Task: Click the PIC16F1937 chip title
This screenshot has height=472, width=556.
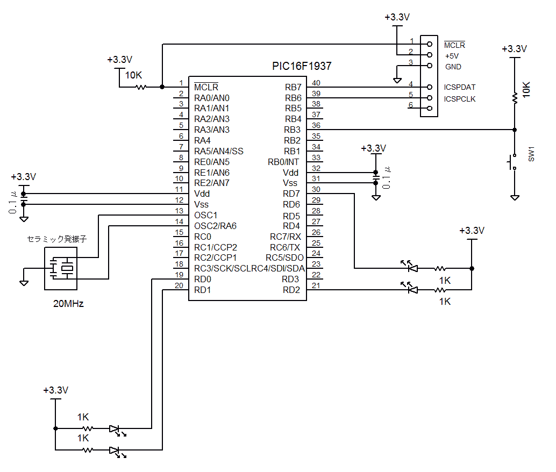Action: pyautogui.click(x=301, y=67)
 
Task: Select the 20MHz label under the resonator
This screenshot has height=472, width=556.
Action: pyautogui.click(x=68, y=303)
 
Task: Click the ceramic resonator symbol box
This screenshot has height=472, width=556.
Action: pyautogui.click(x=61, y=268)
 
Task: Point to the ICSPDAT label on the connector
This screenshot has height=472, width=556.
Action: pyautogui.click(x=460, y=87)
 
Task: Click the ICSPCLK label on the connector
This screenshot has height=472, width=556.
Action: pyautogui.click(x=460, y=99)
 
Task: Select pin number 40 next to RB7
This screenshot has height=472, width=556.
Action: pyautogui.click(x=316, y=83)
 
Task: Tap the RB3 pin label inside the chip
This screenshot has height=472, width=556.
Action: pyautogui.click(x=293, y=130)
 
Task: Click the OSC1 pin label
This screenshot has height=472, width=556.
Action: pyautogui.click(x=206, y=215)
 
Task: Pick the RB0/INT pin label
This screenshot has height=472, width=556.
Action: pyautogui.click(x=283, y=162)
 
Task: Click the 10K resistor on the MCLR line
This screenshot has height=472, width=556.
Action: pyautogui.click(x=141, y=87)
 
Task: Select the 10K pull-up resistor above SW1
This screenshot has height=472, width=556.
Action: pyautogui.click(x=515, y=97)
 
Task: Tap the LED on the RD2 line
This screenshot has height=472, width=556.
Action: pyautogui.click(x=411, y=290)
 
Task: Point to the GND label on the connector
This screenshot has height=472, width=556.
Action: pyautogui.click(x=453, y=67)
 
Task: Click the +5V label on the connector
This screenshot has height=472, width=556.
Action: pyautogui.click(x=452, y=56)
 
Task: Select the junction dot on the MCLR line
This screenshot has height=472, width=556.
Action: pyautogui.click(x=162, y=87)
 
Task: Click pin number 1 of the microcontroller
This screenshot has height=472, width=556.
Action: pyautogui.click(x=181, y=83)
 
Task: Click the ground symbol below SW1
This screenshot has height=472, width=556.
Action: pyautogui.click(x=515, y=197)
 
